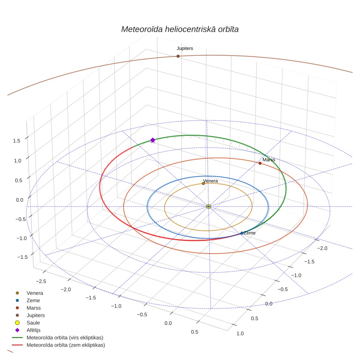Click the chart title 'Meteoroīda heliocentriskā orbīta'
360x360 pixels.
[x=180, y=30]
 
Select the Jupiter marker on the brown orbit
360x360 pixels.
[x=178, y=56]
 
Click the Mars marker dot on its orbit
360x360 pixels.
[x=260, y=163]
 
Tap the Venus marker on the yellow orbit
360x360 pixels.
[x=203, y=183]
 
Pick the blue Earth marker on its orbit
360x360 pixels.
[x=242, y=233]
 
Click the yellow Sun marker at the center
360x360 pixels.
[x=208, y=207]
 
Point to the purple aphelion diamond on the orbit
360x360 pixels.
[x=153, y=140]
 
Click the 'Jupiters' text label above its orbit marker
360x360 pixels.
[x=185, y=49]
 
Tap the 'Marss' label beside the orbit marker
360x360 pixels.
[x=269, y=160]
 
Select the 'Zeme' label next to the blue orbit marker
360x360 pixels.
[x=249, y=233]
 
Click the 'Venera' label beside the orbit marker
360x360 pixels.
[x=211, y=181]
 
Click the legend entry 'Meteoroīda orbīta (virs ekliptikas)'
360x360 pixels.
[x=58, y=338]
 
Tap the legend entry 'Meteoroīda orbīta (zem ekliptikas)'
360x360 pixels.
[x=58, y=345]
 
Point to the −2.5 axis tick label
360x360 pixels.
[x=41, y=281]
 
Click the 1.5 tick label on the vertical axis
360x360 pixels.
[x=16, y=141]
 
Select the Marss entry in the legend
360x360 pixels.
[x=28, y=308]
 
